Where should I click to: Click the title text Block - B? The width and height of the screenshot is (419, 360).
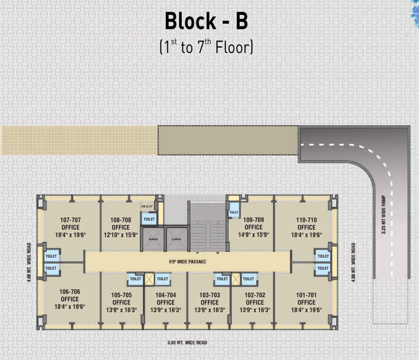[x=206, y=21]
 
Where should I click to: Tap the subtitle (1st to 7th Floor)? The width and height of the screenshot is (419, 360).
[x=206, y=46]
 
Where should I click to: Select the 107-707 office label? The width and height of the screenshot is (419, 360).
[x=70, y=220]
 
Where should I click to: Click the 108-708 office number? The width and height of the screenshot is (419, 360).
[x=121, y=220]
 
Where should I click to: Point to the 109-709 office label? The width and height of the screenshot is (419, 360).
[x=253, y=220]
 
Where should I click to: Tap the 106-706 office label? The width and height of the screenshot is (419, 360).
[x=70, y=292]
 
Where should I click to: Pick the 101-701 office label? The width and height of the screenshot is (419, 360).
[x=306, y=295]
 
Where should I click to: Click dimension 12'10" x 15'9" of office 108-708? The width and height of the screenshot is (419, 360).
[x=121, y=235]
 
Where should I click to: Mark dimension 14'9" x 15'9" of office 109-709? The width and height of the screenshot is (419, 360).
[x=253, y=235]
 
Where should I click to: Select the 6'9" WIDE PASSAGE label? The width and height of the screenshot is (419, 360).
[x=187, y=262]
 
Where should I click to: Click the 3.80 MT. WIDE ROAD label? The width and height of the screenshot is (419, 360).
[x=187, y=343]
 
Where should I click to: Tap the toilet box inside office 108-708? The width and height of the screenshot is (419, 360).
[x=149, y=219]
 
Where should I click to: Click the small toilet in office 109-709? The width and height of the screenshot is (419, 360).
[x=233, y=213]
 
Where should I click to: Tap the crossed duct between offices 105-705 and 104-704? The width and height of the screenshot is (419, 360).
[x=149, y=279]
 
